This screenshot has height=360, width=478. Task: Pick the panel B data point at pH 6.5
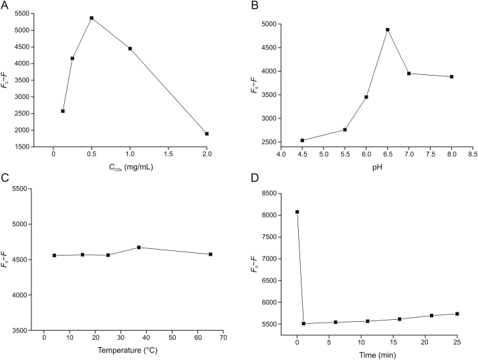387,29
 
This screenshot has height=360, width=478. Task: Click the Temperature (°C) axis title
123,350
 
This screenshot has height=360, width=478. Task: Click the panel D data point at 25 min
457,314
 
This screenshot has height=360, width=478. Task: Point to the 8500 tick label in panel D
269,193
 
